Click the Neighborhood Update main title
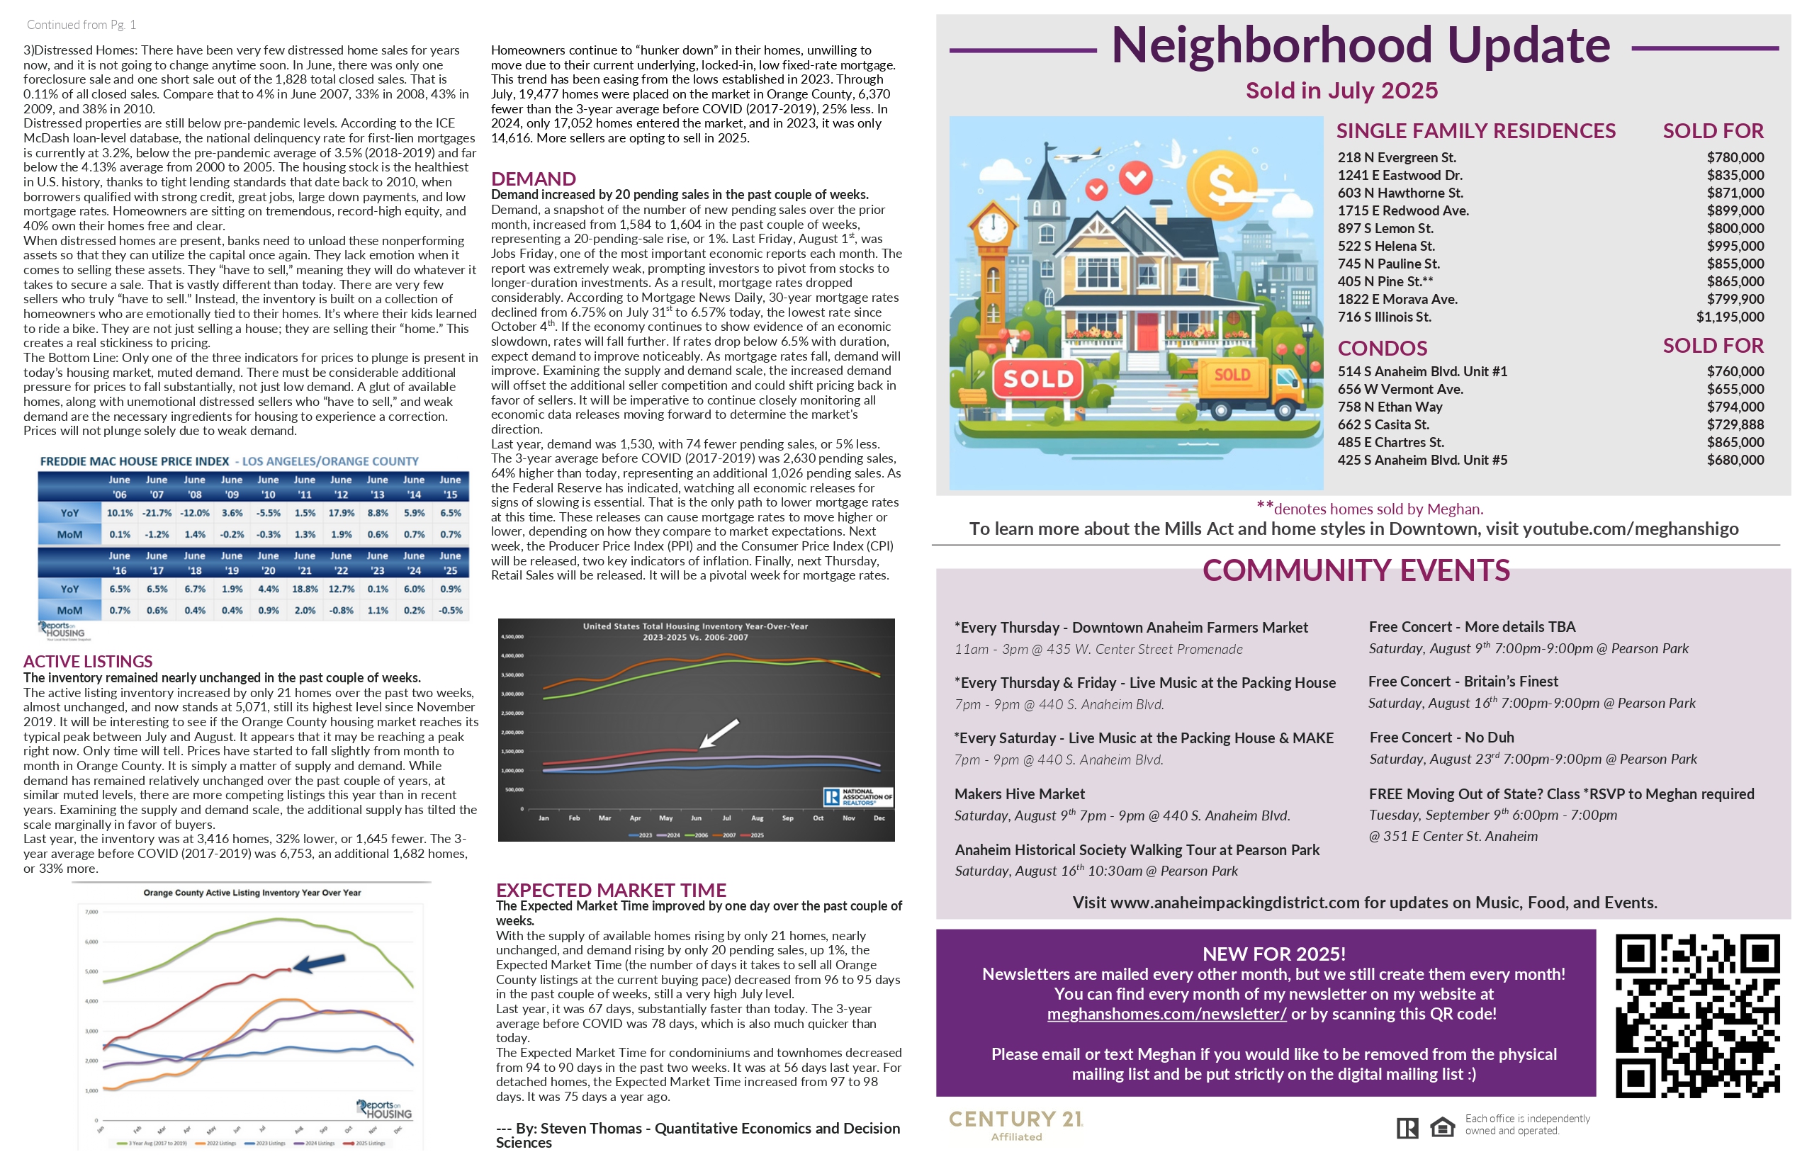1360,45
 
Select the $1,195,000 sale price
1730,317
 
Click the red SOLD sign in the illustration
1038,379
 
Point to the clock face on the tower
991,226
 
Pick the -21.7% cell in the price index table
157,513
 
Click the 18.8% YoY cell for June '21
305,589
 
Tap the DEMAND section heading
533,179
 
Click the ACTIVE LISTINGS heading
88,661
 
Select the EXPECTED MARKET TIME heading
610,890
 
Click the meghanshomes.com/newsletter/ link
1166,1014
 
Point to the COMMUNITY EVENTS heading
1356,571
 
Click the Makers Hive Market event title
1019,794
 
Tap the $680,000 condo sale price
1735,460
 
